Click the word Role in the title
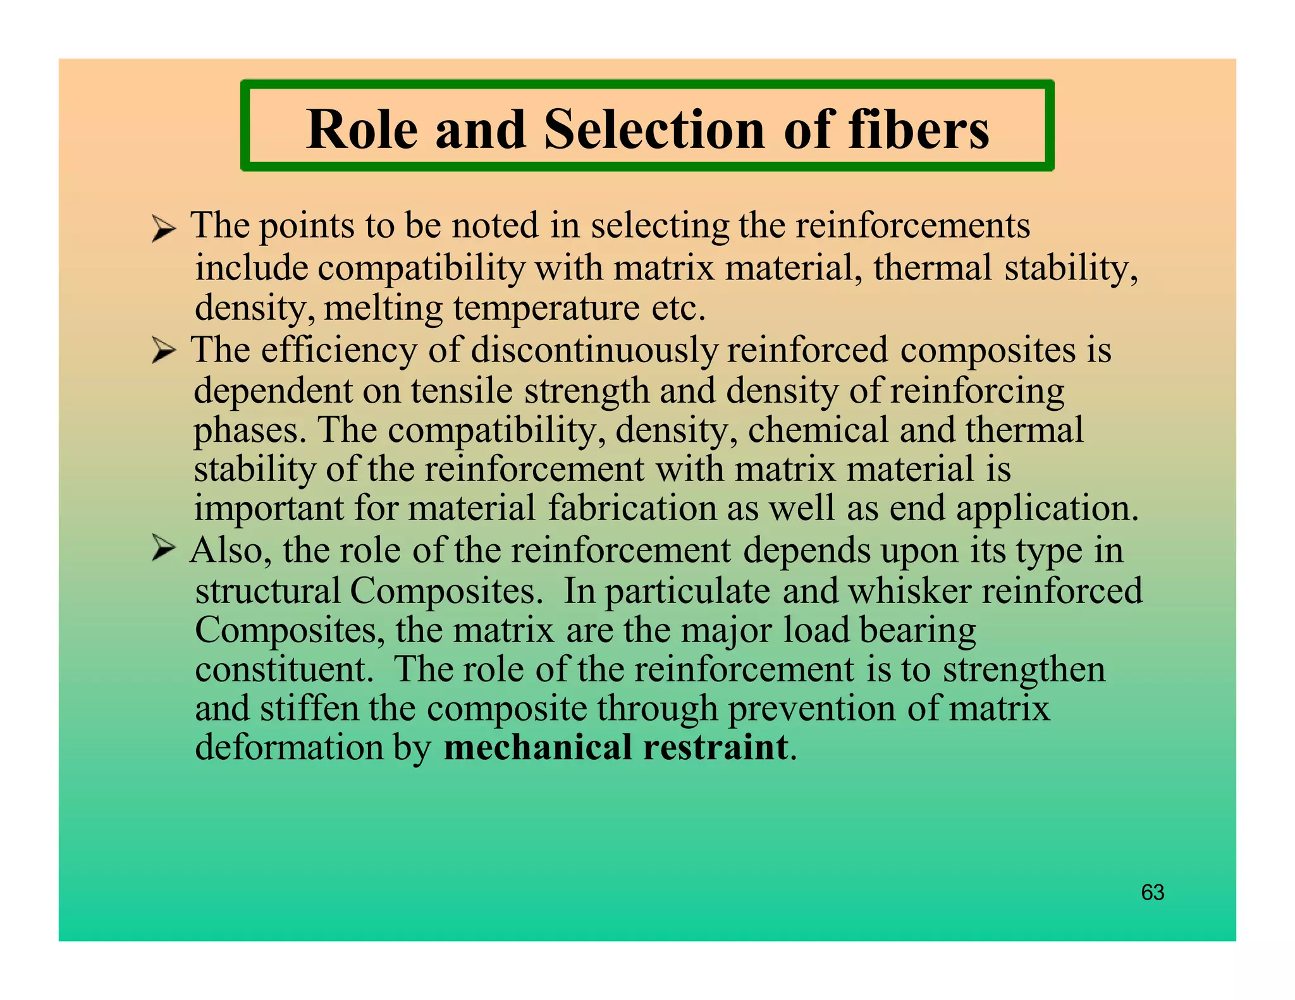(x=362, y=130)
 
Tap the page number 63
(x=1152, y=892)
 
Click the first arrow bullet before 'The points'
(x=163, y=228)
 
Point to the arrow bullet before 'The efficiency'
(x=163, y=351)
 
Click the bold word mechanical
(x=538, y=747)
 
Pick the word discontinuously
(x=594, y=351)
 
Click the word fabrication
(x=632, y=508)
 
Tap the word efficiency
(x=338, y=351)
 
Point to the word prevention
(x=811, y=709)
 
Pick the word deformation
(x=289, y=747)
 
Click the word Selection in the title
(x=653, y=130)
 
